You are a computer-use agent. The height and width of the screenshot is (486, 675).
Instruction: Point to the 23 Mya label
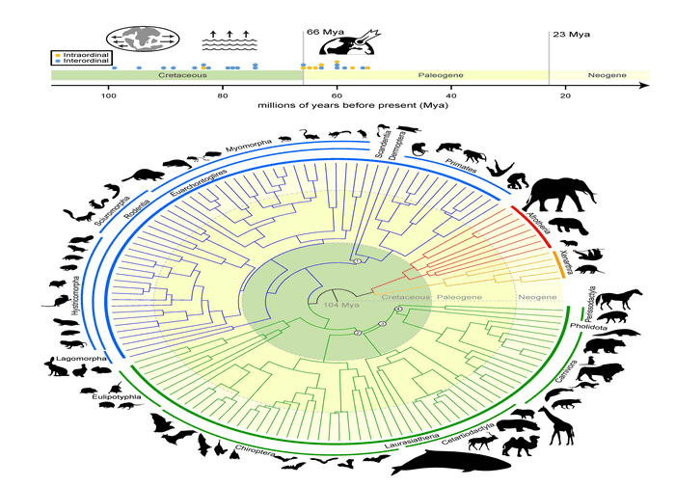click(572, 35)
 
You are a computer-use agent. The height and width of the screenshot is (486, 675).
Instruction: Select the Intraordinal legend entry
click(84, 53)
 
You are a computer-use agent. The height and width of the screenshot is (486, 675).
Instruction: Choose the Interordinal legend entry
click(84, 60)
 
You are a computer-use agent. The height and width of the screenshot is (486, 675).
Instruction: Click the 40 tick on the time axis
click(451, 94)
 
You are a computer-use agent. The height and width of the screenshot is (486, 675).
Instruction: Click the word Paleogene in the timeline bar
click(440, 74)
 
